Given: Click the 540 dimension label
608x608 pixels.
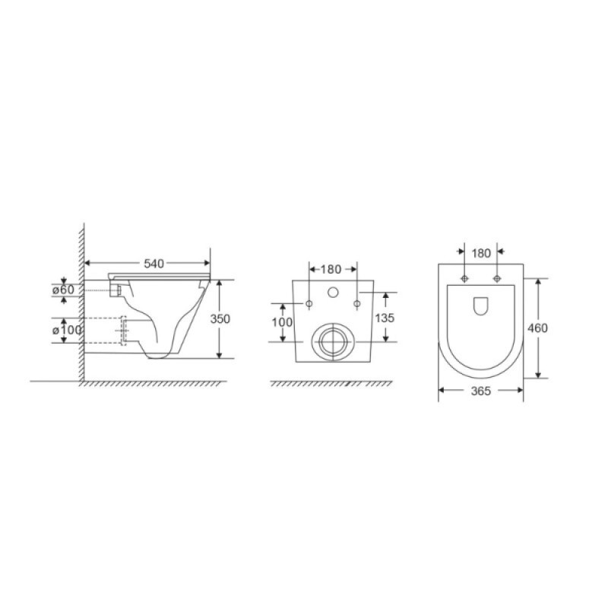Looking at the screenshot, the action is point(154,264).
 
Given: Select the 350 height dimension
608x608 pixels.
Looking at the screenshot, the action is point(220,318).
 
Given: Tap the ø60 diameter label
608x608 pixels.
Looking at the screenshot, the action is point(63,290).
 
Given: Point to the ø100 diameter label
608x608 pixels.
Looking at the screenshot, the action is point(67,330).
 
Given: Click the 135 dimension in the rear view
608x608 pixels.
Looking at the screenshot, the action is point(385,318).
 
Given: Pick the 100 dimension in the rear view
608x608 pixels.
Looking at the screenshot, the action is point(282,321).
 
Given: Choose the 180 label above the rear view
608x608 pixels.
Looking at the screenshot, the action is point(331,269).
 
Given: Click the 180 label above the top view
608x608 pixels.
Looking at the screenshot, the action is point(481,253).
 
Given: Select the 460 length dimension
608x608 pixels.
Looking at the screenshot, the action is point(537,328).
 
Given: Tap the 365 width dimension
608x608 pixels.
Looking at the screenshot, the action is point(481,391).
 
